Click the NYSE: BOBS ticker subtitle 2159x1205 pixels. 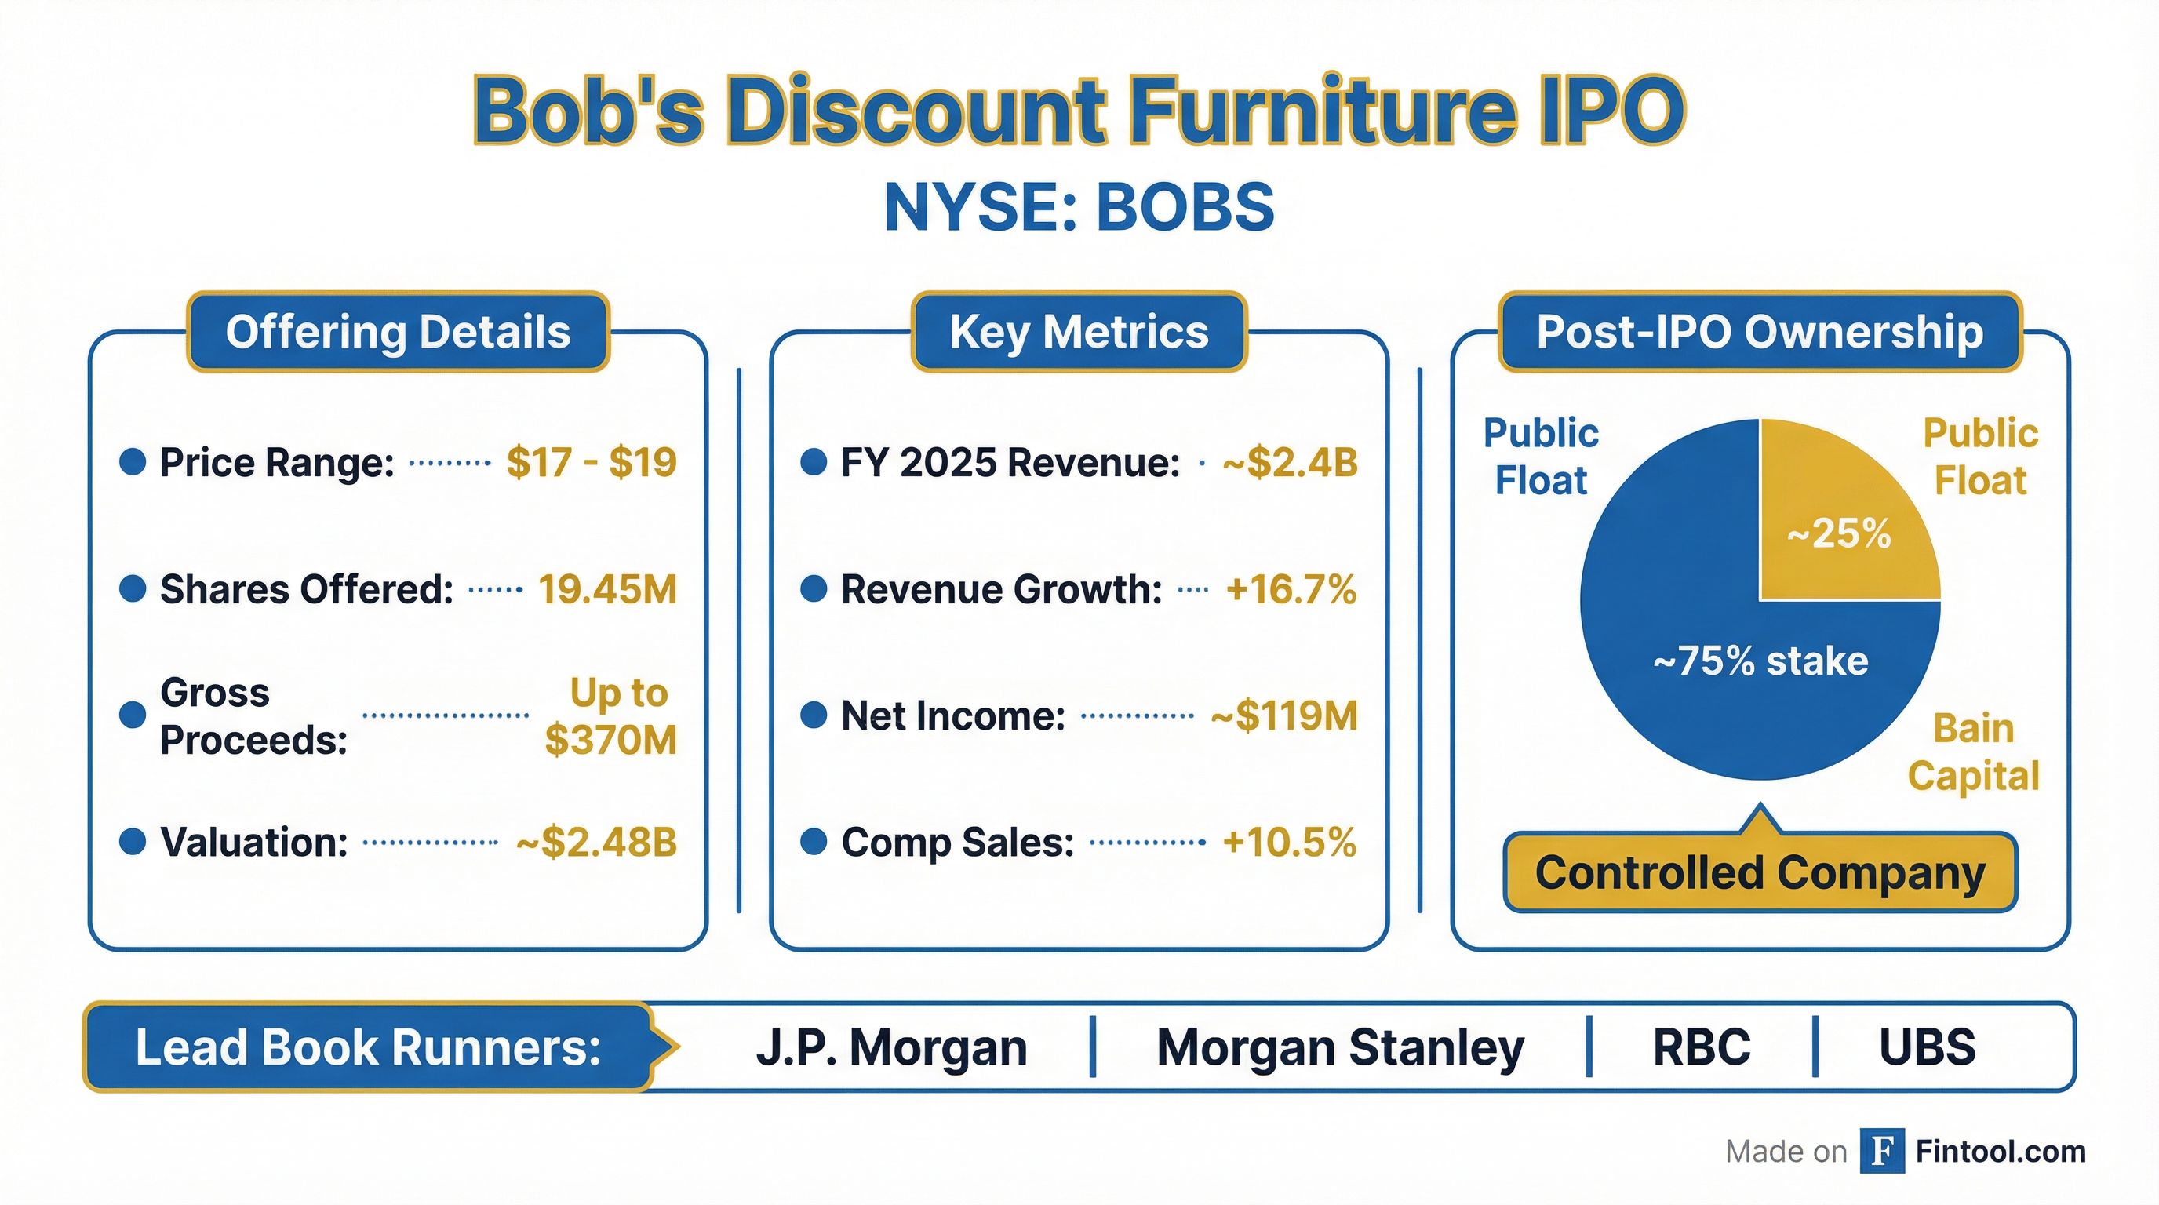pyautogui.click(x=1079, y=208)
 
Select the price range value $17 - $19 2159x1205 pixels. pyautogui.click(x=591, y=462)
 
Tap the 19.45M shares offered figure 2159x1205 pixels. pyautogui.click(x=606, y=589)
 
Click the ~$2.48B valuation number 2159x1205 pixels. pyautogui.click(x=596, y=842)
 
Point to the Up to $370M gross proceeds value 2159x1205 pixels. pyautogui.click(x=611, y=716)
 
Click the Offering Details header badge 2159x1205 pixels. pyautogui.click(x=398, y=332)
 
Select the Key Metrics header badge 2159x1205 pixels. pyautogui.click(x=1079, y=332)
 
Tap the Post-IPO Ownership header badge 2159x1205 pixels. pyautogui.click(x=1760, y=332)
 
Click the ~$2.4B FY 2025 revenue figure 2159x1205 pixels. pyautogui.click(x=1290, y=462)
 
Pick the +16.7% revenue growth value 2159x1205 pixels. pyautogui.click(x=1290, y=589)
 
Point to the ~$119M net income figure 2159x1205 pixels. pyautogui.click(x=1284, y=716)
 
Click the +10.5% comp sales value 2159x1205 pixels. pyautogui.click(x=1289, y=842)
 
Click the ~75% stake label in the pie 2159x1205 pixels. pyautogui.click(x=1760, y=661)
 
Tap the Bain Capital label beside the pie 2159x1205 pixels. pyautogui.click(x=1973, y=752)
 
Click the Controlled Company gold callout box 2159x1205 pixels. pyautogui.click(x=1760, y=873)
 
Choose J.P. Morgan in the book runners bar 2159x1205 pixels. pyautogui.click(x=891, y=1047)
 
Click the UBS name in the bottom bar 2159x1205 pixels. pyautogui.click(x=1927, y=1047)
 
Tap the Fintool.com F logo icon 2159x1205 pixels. pyautogui.click(x=1881, y=1152)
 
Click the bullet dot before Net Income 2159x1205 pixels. pyautogui.click(x=813, y=715)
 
